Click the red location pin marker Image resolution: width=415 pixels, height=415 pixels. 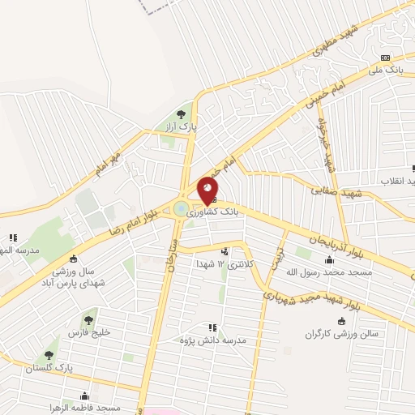pyautogui.click(x=207, y=190)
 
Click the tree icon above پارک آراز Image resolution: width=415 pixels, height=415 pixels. pyautogui.click(x=181, y=115)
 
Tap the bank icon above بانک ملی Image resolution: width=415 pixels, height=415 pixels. pyautogui.click(x=386, y=58)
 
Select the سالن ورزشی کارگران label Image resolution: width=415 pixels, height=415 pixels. pyautogui.click(x=349, y=334)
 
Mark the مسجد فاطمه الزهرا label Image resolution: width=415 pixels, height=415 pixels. pyautogui.click(x=85, y=408)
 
